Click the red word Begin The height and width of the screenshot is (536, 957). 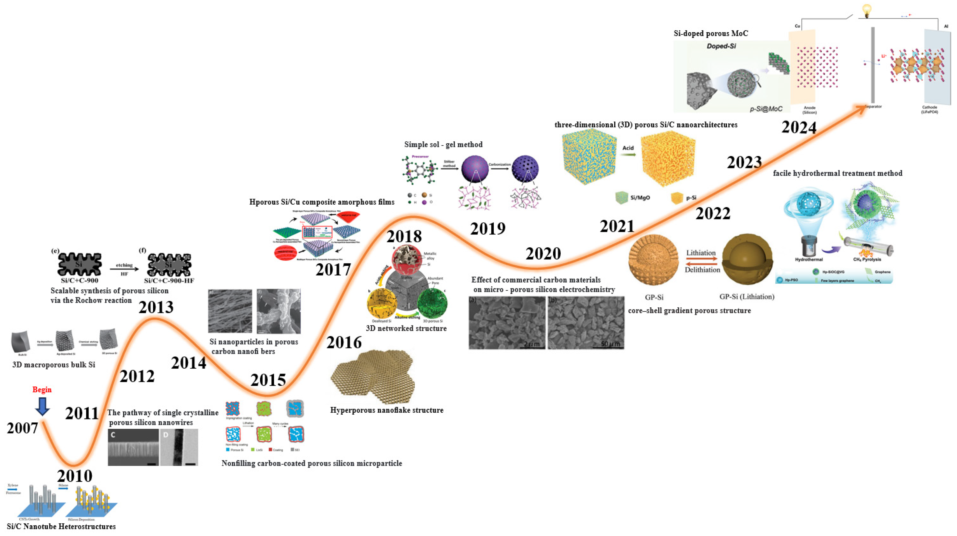pos(42,389)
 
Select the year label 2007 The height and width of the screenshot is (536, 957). pos(22,428)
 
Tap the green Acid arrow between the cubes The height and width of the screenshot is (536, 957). pos(628,154)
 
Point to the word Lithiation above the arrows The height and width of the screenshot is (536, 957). pos(701,253)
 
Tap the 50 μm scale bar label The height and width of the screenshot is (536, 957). pos(610,344)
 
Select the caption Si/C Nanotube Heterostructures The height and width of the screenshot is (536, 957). pos(61,527)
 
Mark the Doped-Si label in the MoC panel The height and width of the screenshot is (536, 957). pos(721,46)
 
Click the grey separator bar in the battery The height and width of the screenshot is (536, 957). pos(873,65)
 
